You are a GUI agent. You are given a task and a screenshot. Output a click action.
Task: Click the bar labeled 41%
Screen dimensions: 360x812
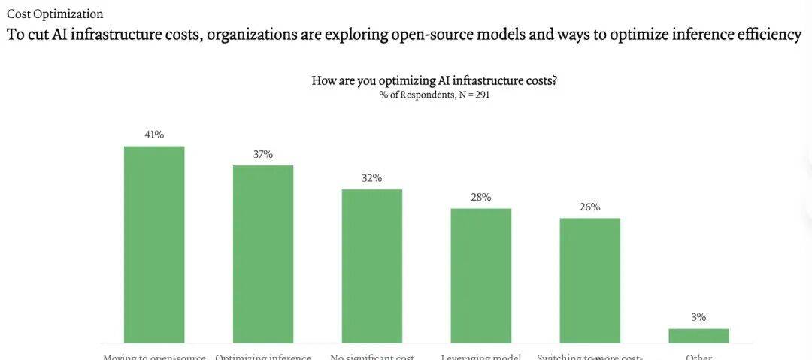[154, 244]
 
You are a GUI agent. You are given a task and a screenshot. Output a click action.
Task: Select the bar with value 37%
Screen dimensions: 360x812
[263, 254]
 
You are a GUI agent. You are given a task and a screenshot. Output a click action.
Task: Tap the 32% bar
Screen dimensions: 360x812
[372, 266]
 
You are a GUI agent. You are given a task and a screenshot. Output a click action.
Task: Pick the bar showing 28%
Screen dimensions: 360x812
[481, 276]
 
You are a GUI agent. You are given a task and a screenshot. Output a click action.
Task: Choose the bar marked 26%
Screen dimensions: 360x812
[590, 280]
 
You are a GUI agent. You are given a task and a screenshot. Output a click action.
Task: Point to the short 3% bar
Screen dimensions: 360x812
[699, 336]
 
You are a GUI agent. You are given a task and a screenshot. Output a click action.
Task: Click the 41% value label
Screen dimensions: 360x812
[154, 135]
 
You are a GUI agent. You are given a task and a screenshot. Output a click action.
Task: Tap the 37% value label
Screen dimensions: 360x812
[263, 154]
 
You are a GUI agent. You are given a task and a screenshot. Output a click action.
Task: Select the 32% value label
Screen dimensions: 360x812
[372, 178]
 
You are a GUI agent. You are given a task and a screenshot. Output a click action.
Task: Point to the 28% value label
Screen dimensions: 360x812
[481, 197]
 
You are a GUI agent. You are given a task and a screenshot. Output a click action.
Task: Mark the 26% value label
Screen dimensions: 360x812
[590, 207]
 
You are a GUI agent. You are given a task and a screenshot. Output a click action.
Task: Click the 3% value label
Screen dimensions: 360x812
[699, 317]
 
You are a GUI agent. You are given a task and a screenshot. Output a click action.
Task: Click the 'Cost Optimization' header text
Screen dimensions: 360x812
[55, 14]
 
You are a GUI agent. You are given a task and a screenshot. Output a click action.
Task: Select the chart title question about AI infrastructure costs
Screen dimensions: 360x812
[434, 80]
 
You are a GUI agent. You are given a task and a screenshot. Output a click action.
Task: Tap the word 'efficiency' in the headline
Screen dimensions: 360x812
[767, 35]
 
